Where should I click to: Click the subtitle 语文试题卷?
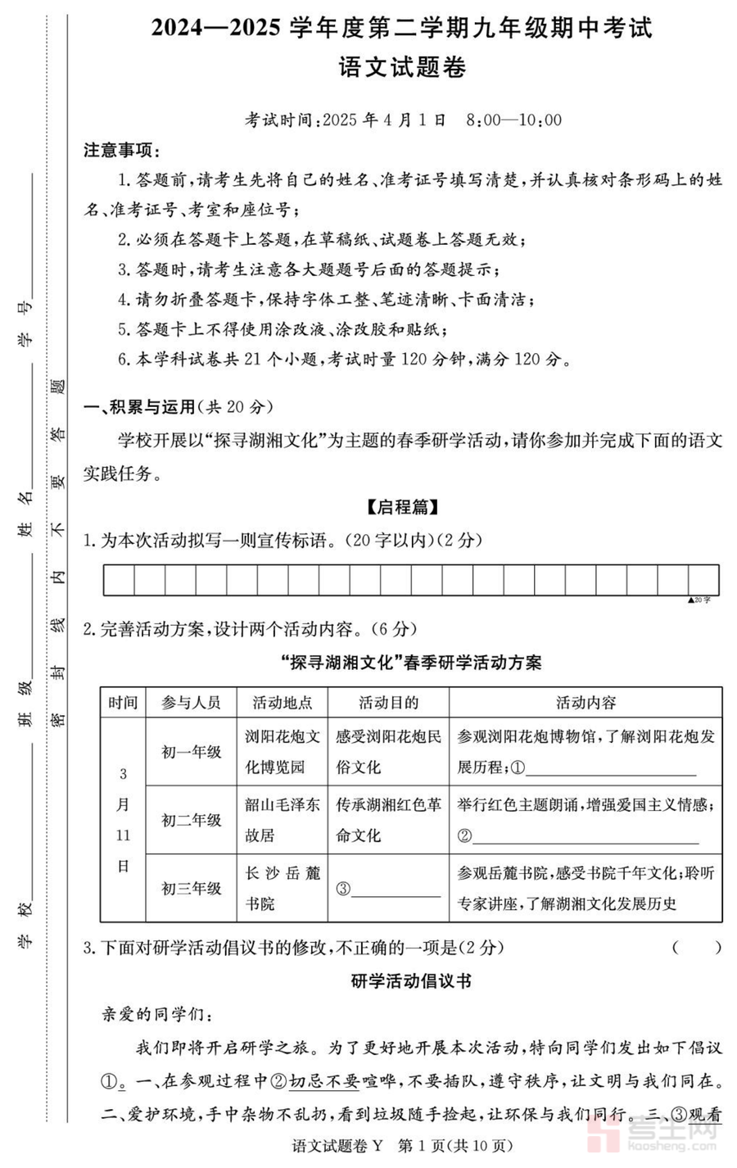tap(402, 67)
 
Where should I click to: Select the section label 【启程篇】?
tap(402, 507)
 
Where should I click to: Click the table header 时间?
tap(123, 703)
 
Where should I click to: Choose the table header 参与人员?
tap(191, 703)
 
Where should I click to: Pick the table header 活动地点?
tap(282, 703)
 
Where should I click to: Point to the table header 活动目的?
tap(388, 703)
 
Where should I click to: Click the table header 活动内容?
tap(586, 703)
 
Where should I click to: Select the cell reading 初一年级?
tap(191, 752)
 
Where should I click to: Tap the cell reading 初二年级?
tap(191, 820)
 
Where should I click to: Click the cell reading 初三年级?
tap(191, 888)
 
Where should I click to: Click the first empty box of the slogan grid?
tap(119, 580)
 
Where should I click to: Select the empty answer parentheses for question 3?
tap(697, 948)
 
